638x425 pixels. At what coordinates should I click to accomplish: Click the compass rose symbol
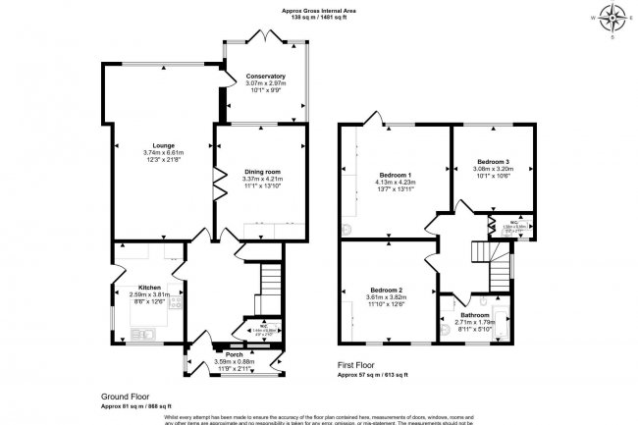614,17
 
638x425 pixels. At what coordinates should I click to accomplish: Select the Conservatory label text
265,76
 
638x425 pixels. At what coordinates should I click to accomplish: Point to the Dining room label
262,172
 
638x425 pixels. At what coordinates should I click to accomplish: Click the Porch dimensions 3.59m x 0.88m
234,361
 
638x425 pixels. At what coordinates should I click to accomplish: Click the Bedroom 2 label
386,291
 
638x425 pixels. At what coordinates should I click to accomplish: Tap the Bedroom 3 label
494,160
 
